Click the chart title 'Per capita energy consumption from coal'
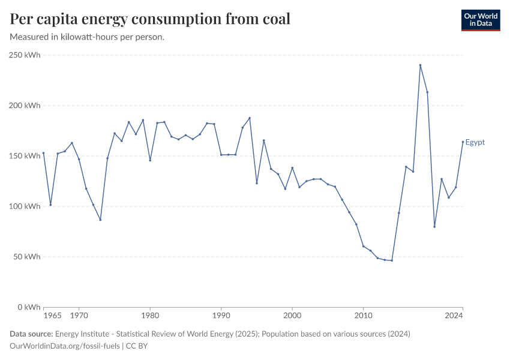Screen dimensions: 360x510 pos(150,19)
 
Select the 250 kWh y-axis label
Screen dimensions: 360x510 pos(25,55)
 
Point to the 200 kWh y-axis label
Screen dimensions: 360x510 pos(25,106)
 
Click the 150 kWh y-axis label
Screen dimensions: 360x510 pos(25,156)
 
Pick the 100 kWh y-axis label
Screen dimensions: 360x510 pos(25,206)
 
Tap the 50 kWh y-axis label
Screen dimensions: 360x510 pos(27,257)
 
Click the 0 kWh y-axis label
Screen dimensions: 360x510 pos(29,307)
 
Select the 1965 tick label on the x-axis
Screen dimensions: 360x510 pos(52,316)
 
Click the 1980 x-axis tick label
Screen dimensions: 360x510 pos(150,316)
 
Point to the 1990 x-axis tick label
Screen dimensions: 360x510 pos(221,316)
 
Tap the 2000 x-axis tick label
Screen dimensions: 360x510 pos(292,316)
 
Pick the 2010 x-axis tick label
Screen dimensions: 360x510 pos(363,316)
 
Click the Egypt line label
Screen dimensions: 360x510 pos(475,142)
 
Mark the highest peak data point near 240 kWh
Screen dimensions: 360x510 pos(420,65)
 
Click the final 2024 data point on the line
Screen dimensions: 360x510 pos(463,142)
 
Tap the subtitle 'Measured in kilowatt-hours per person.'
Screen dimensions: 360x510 pos(88,37)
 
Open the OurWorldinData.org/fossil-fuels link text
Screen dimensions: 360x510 pos(65,346)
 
